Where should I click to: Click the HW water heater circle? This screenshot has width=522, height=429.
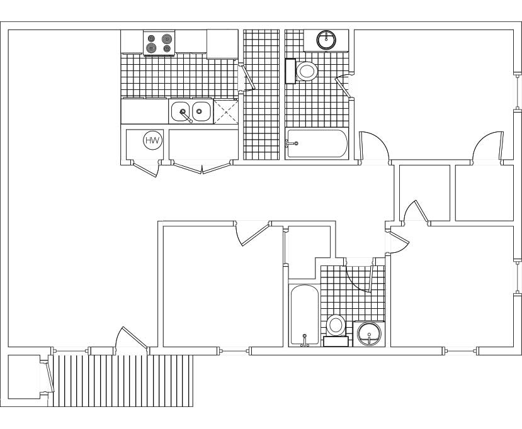pos(153,140)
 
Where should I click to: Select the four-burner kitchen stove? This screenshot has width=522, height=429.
pos(159,43)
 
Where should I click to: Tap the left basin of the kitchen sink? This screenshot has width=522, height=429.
pos(181,111)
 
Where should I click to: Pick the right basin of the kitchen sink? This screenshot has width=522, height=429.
pos(201,111)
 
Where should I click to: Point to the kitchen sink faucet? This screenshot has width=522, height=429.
pos(186,116)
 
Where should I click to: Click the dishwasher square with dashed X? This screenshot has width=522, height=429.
pos(226,112)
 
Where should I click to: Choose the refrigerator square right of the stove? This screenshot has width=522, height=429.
pos(222,44)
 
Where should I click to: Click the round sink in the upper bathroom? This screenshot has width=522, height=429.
pos(326,40)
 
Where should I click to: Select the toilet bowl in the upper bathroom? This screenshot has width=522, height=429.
pos(306,71)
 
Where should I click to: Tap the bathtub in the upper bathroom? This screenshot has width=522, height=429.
pos(317,143)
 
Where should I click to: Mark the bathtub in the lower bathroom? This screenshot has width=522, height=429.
pos(305,315)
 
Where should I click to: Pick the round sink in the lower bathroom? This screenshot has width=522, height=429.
pos(369,333)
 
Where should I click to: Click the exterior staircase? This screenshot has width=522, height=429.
pos(123,381)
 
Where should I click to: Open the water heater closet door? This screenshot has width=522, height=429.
pos(145,169)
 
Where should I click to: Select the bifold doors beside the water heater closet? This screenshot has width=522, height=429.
pos(202,167)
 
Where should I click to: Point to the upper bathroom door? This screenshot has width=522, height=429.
pos(344,86)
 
